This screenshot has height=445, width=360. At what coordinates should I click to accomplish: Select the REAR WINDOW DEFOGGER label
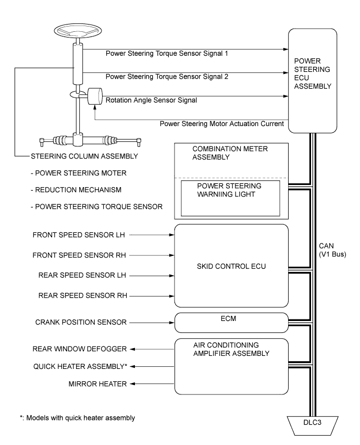(x=79, y=349)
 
